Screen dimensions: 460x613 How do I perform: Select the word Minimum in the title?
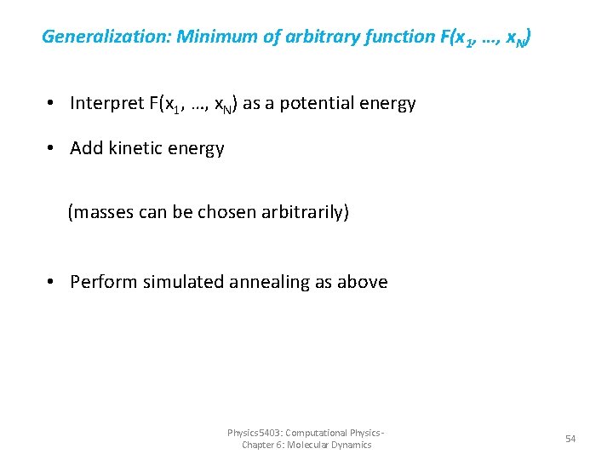point(213,37)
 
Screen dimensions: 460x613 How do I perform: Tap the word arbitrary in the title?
point(303,37)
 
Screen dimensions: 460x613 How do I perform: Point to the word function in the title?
point(381,37)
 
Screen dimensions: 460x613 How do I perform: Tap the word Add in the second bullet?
point(86,148)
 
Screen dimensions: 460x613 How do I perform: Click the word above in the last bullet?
point(364,282)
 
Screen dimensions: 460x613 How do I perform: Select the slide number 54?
point(570,439)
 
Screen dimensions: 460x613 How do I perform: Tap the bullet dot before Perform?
point(52,282)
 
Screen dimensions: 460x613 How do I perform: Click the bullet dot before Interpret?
point(52,104)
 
